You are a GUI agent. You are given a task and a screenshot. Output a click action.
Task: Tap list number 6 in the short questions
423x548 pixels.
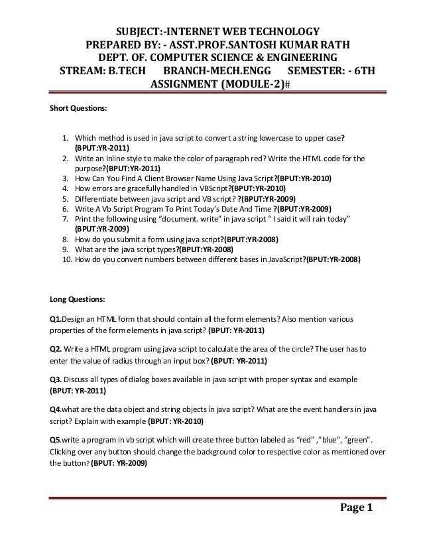[x=68, y=207]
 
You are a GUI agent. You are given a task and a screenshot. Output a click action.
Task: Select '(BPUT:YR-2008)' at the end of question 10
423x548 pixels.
[x=332, y=261]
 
